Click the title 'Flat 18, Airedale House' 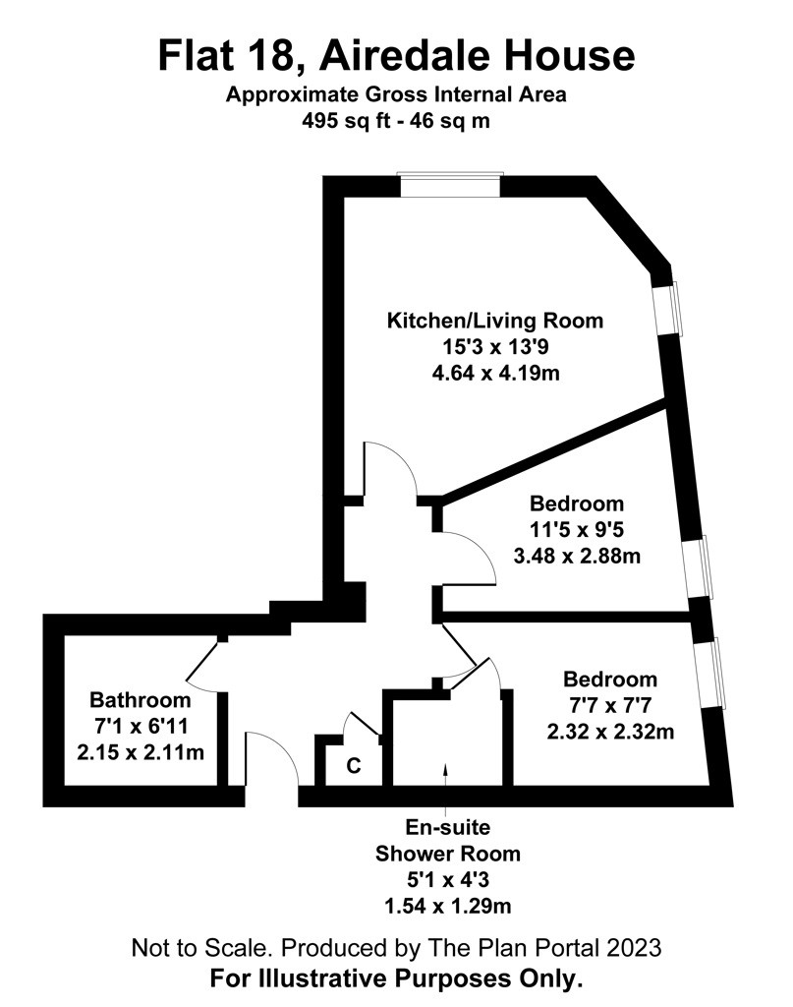tap(396, 56)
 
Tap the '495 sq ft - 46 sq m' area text tap(396, 121)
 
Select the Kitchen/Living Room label tap(494, 321)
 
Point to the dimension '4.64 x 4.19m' tap(495, 373)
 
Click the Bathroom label tap(140, 699)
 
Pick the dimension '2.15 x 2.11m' tap(141, 751)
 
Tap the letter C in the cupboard tap(354, 765)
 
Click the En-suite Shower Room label tap(447, 840)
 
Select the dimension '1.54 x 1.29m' tap(448, 906)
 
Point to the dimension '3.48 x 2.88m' tap(577, 556)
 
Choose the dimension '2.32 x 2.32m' tap(610, 732)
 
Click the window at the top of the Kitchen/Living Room tap(450, 185)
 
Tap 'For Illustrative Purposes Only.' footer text tap(396, 978)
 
